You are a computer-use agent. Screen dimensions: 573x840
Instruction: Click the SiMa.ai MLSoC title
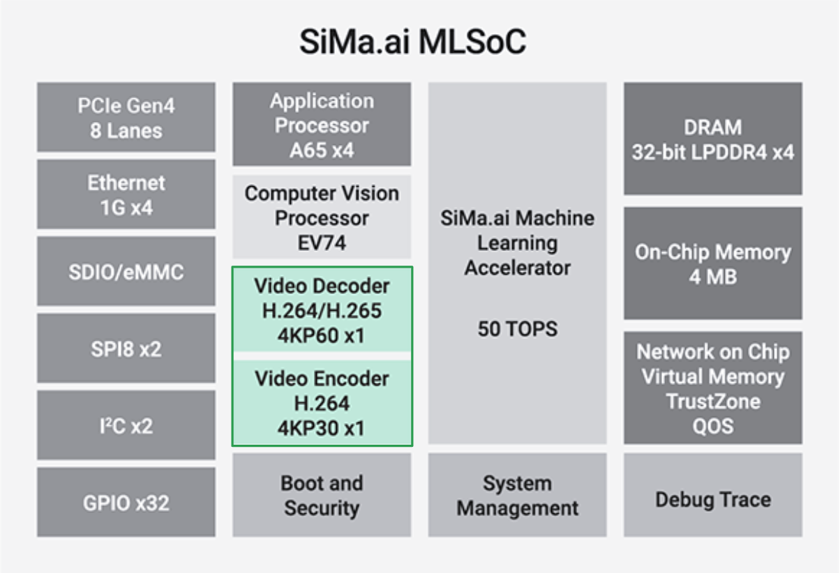(412, 43)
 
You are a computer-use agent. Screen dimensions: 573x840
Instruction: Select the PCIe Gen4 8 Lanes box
(126, 118)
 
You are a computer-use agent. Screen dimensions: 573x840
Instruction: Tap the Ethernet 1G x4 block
(126, 194)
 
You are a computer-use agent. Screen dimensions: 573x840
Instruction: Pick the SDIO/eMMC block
(126, 271)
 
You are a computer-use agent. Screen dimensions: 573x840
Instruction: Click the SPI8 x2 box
(126, 348)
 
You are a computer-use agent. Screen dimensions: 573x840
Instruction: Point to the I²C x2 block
(126, 425)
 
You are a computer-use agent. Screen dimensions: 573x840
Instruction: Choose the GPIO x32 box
(126, 502)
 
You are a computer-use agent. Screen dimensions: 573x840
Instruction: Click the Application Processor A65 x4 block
(322, 125)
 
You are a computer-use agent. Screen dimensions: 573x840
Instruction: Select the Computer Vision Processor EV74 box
(322, 217)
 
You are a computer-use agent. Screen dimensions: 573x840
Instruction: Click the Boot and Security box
(322, 495)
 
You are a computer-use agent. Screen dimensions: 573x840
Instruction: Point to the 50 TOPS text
(518, 329)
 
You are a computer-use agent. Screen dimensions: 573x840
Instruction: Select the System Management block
(518, 495)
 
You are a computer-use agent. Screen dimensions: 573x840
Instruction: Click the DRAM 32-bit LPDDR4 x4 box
(713, 139)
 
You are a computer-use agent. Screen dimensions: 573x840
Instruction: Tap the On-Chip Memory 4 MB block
(713, 263)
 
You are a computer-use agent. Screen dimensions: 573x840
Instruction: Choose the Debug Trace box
(713, 499)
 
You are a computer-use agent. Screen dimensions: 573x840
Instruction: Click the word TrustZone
(713, 402)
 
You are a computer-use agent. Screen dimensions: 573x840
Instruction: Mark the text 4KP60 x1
(322, 335)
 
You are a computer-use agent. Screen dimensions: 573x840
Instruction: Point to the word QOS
(713, 426)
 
